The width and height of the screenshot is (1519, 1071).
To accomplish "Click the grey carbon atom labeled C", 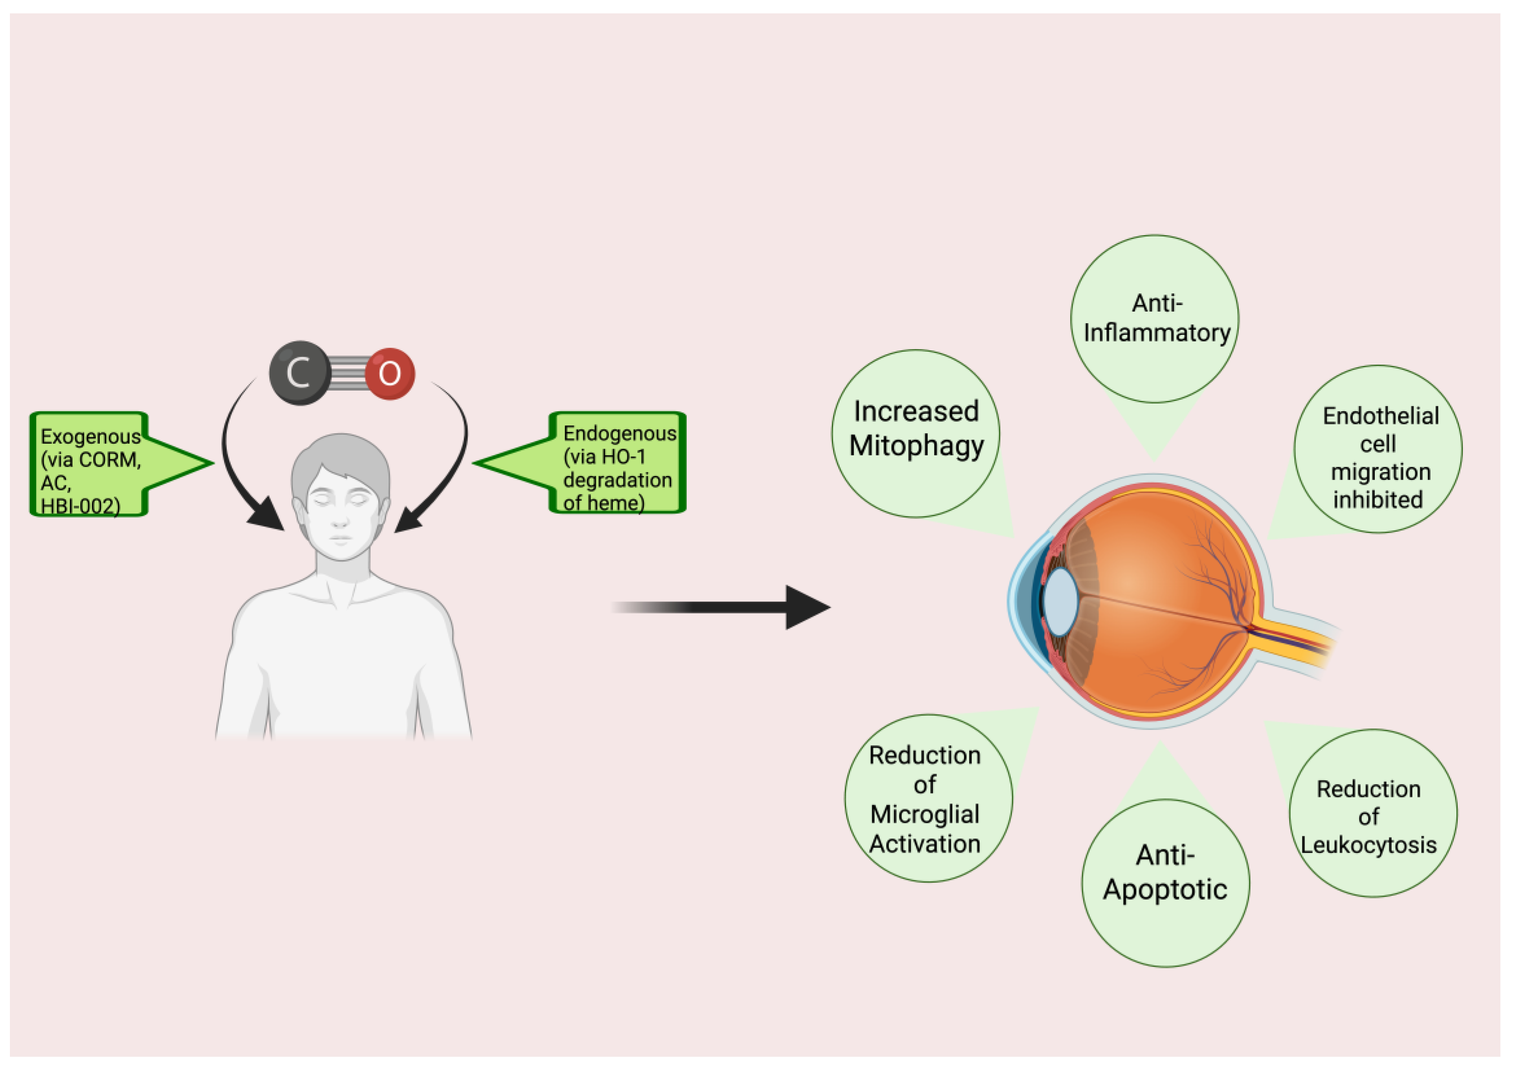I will pyautogui.click(x=300, y=373).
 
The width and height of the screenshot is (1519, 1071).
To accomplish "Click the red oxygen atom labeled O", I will pyautogui.click(x=390, y=374).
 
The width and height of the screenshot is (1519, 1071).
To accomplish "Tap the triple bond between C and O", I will pyautogui.click(x=349, y=374).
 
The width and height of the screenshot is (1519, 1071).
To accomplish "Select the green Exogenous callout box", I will pyautogui.click(x=89, y=464).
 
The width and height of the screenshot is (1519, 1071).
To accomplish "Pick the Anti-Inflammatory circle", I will pyautogui.click(x=1155, y=318).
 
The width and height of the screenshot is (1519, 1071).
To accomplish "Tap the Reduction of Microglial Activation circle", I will pyautogui.click(x=928, y=798).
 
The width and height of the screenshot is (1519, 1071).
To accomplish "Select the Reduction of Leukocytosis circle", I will pyautogui.click(x=1373, y=813).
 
